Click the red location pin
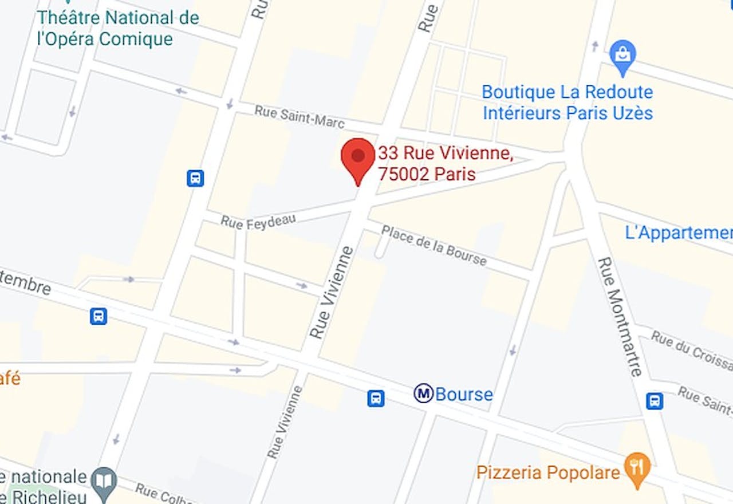(358, 158)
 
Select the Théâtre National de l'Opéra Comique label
(119, 28)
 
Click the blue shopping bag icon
(622, 55)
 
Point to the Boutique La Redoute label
(568, 102)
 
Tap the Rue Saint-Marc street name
(299, 116)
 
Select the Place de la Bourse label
(434, 245)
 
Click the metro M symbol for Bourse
(423, 393)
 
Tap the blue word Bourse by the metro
(464, 394)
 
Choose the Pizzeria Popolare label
(548, 472)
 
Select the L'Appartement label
(679, 233)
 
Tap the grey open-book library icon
(106, 480)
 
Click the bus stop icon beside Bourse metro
(376, 398)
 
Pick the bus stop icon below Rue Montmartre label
(655, 401)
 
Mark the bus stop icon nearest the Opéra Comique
(195, 178)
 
